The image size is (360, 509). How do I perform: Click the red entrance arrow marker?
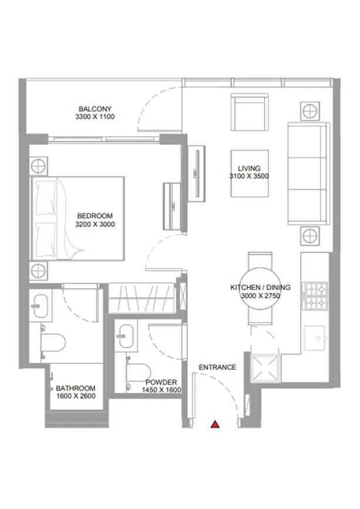pos(216,424)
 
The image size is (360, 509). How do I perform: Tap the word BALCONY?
pos(95,109)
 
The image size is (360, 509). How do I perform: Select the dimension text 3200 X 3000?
pos(95,224)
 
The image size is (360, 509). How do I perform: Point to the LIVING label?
pos(249,168)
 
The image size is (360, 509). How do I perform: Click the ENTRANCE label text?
pos(217,368)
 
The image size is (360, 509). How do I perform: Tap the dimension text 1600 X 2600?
pos(76,396)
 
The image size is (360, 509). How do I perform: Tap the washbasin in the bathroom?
pos(41,305)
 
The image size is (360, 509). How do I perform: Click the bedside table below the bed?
pos(38,271)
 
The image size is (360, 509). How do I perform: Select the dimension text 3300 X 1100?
pos(95,117)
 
